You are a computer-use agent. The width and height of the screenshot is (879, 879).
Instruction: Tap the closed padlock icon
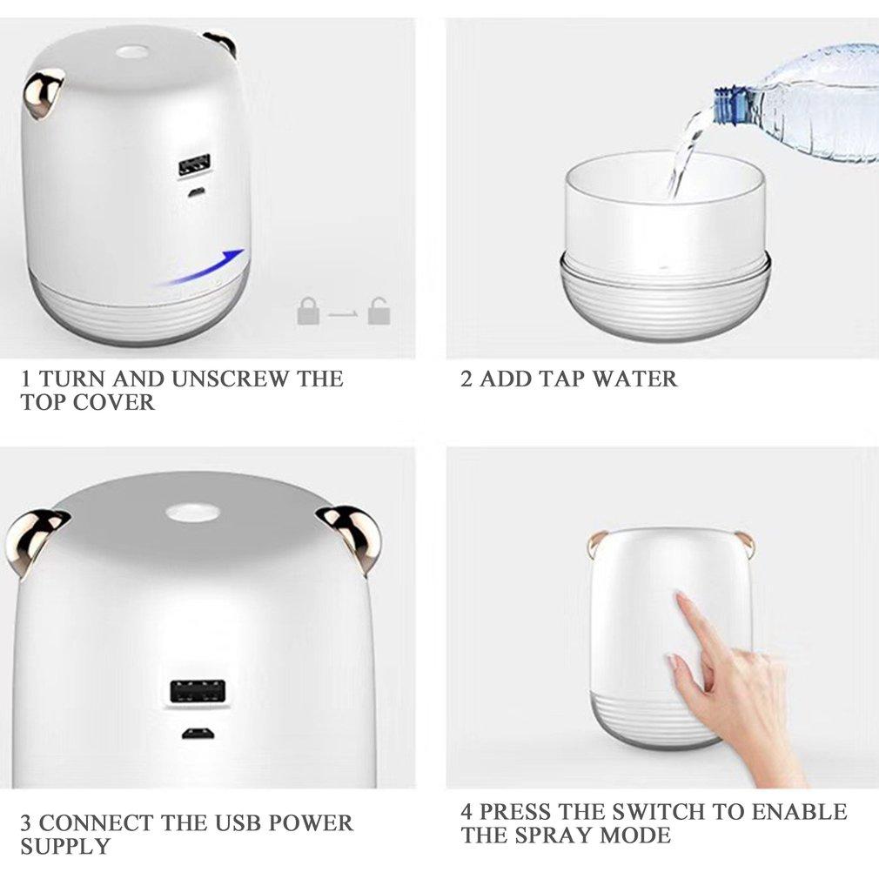click(x=308, y=311)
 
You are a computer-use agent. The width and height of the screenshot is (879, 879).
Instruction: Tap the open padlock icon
click(x=378, y=311)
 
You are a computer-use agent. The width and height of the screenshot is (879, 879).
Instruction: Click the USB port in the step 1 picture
click(x=194, y=166)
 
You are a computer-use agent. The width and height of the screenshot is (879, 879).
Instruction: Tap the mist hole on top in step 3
click(x=191, y=512)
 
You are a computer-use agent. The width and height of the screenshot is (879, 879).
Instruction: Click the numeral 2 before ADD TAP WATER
click(x=466, y=379)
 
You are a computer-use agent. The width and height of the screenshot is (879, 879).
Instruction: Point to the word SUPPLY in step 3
click(x=65, y=846)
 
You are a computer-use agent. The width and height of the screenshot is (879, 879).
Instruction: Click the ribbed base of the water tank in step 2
click(x=665, y=305)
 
